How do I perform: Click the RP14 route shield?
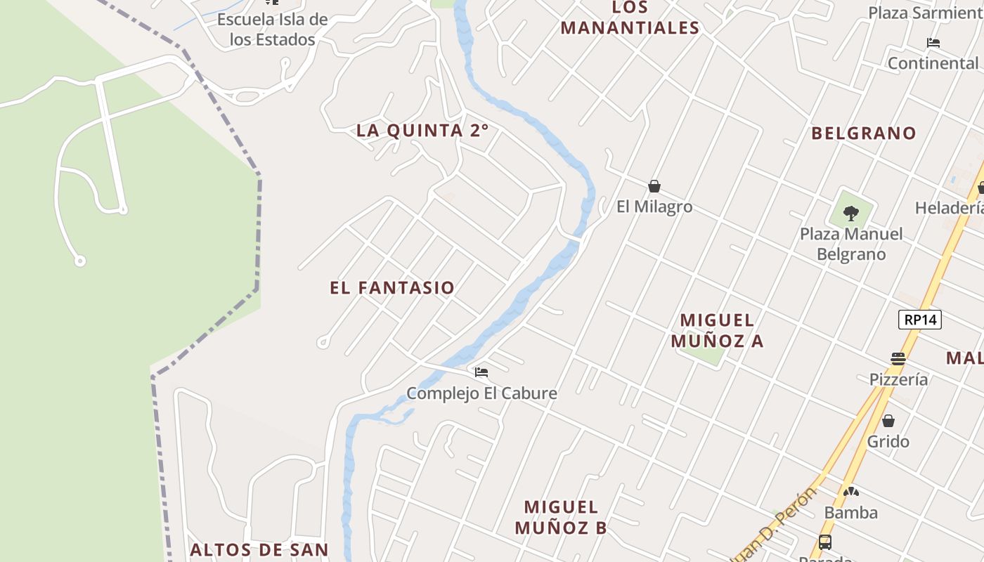tap(920, 320)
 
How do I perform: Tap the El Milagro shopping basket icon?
tap(654, 186)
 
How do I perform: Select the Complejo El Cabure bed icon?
tap(481, 372)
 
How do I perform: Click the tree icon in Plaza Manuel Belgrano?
tap(850, 212)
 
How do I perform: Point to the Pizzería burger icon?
tap(898, 358)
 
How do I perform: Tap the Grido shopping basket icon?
tap(888, 421)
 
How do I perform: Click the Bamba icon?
tap(851, 492)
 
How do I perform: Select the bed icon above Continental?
tap(933, 43)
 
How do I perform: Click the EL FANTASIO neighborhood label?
tap(392, 288)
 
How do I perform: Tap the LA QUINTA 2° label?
tap(422, 131)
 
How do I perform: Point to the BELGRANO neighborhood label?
tap(864, 133)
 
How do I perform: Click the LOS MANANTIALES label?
tap(630, 18)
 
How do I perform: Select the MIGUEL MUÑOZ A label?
tap(717, 330)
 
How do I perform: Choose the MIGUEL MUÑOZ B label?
tap(561, 517)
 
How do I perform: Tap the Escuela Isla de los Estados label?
tap(272, 30)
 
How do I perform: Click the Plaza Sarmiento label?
tap(924, 13)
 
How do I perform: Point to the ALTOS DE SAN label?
tap(259, 549)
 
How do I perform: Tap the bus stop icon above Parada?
tap(825, 542)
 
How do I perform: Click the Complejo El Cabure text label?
tap(482, 393)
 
